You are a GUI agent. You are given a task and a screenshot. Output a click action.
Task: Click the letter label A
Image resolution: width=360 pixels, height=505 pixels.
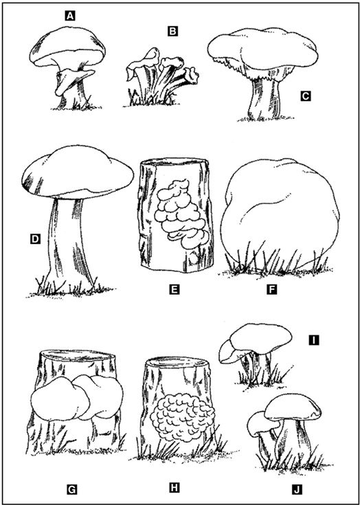(70, 16)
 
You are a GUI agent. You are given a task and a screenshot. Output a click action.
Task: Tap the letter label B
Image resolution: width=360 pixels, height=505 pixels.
(172, 31)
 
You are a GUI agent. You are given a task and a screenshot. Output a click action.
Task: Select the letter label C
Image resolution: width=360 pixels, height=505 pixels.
(306, 96)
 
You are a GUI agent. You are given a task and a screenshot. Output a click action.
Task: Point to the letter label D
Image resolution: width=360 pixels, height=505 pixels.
(35, 238)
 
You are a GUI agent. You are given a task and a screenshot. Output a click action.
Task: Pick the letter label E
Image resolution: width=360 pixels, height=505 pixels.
(175, 289)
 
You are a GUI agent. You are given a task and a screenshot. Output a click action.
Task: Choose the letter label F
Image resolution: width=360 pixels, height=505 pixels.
(272, 289)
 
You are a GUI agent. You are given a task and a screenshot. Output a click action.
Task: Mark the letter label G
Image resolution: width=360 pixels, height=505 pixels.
(71, 489)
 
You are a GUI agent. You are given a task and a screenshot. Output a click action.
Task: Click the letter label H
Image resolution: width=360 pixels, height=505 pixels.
(175, 488)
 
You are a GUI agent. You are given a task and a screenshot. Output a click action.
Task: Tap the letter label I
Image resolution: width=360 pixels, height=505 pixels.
(313, 340)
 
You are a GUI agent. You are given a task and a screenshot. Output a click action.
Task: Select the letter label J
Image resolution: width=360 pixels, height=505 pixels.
(297, 489)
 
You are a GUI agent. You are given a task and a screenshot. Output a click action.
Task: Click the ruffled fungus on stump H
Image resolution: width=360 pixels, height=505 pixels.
(182, 417)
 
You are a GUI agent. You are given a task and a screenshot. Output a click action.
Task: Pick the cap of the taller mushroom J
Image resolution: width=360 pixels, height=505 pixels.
(293, 407)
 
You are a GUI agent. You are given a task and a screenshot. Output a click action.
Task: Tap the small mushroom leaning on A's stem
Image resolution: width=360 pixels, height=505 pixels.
(74, 80)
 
